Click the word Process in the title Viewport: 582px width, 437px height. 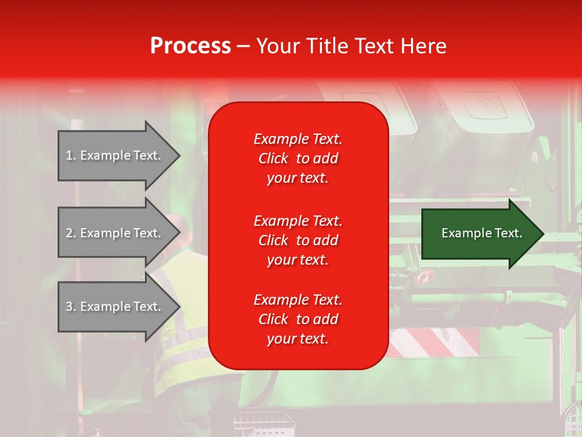click(x=190, y=46)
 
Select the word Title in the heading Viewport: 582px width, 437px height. click(x=327, y=46)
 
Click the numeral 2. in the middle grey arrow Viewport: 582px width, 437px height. click(x=71, y=234)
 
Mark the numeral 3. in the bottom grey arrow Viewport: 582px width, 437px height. click(x=71, y=307)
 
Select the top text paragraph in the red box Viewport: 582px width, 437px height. click(x=298, y=158)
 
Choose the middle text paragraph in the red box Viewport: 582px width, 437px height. click(x=298, y=240)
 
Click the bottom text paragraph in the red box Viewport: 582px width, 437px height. click(x=298, y=319)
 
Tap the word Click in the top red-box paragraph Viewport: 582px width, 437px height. click(x=273, y=159)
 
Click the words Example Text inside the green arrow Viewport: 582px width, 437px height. click(x=481, y=233)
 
